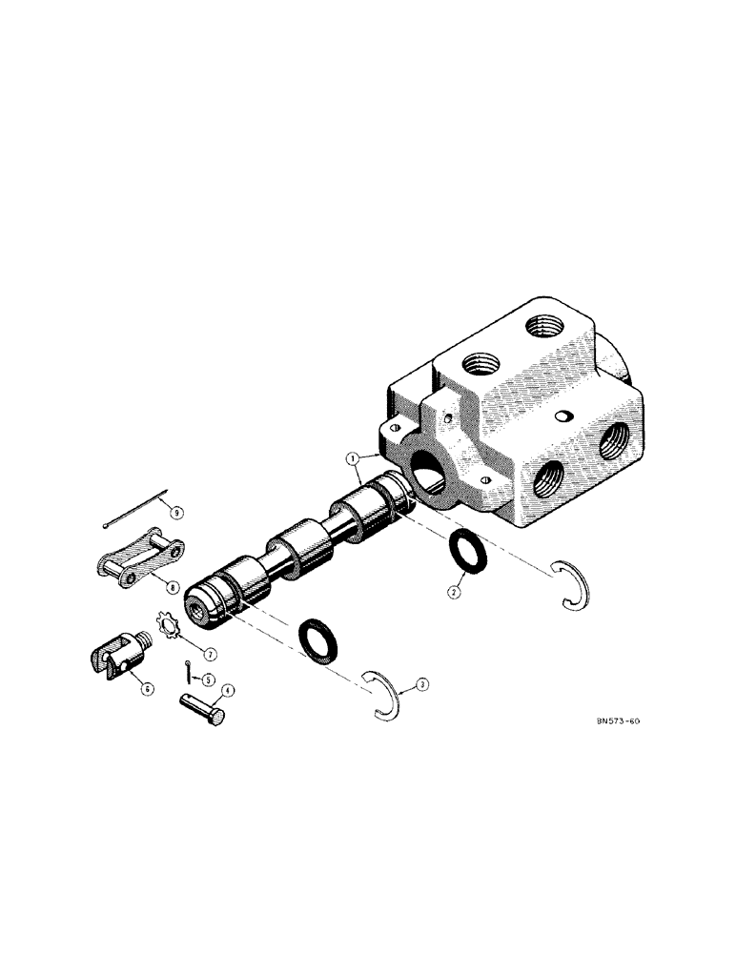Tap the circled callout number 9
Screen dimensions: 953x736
point(174,512)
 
